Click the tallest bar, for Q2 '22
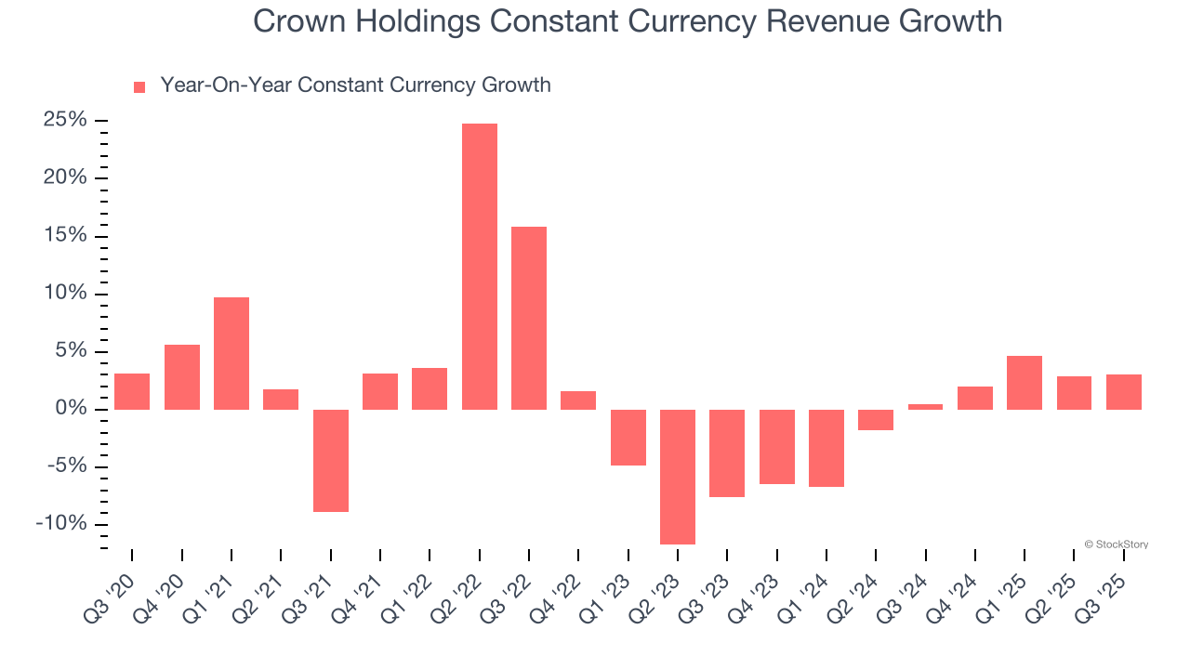479,267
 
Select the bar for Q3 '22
529,318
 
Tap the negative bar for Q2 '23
678,477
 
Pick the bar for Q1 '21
231,353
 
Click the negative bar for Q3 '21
330,461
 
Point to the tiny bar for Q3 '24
925,407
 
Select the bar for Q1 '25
1025,383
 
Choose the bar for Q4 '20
182,377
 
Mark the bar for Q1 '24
826,448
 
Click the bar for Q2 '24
876,420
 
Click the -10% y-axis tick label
61,524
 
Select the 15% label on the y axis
65,236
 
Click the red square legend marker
139,87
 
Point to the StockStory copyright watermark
1116,544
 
